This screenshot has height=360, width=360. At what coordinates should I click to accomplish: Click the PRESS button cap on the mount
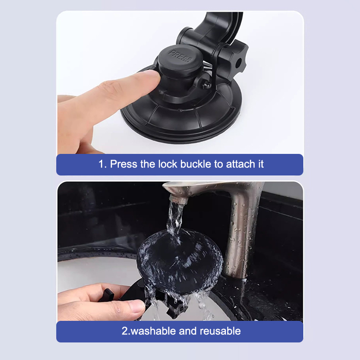click(180, 58)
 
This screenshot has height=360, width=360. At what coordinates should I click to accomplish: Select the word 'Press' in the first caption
click(123, 164)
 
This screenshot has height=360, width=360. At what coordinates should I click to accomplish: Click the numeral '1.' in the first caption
click(103, 164)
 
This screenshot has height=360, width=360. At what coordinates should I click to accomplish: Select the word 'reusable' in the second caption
click(220, 331)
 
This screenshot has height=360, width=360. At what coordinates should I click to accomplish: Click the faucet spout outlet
click(178, 199)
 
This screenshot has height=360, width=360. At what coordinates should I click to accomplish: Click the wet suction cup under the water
click(180, 262)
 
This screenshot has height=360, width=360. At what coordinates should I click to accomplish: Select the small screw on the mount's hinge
click(205, 84)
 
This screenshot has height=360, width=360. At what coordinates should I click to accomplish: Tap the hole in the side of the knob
click(238, 63)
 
